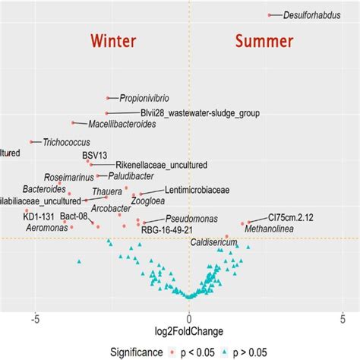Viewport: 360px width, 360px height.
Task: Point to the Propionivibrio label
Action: coord(144,98)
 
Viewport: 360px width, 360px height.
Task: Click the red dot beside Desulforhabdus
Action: coord(270,14)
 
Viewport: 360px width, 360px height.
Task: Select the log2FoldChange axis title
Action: coord(188,332)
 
